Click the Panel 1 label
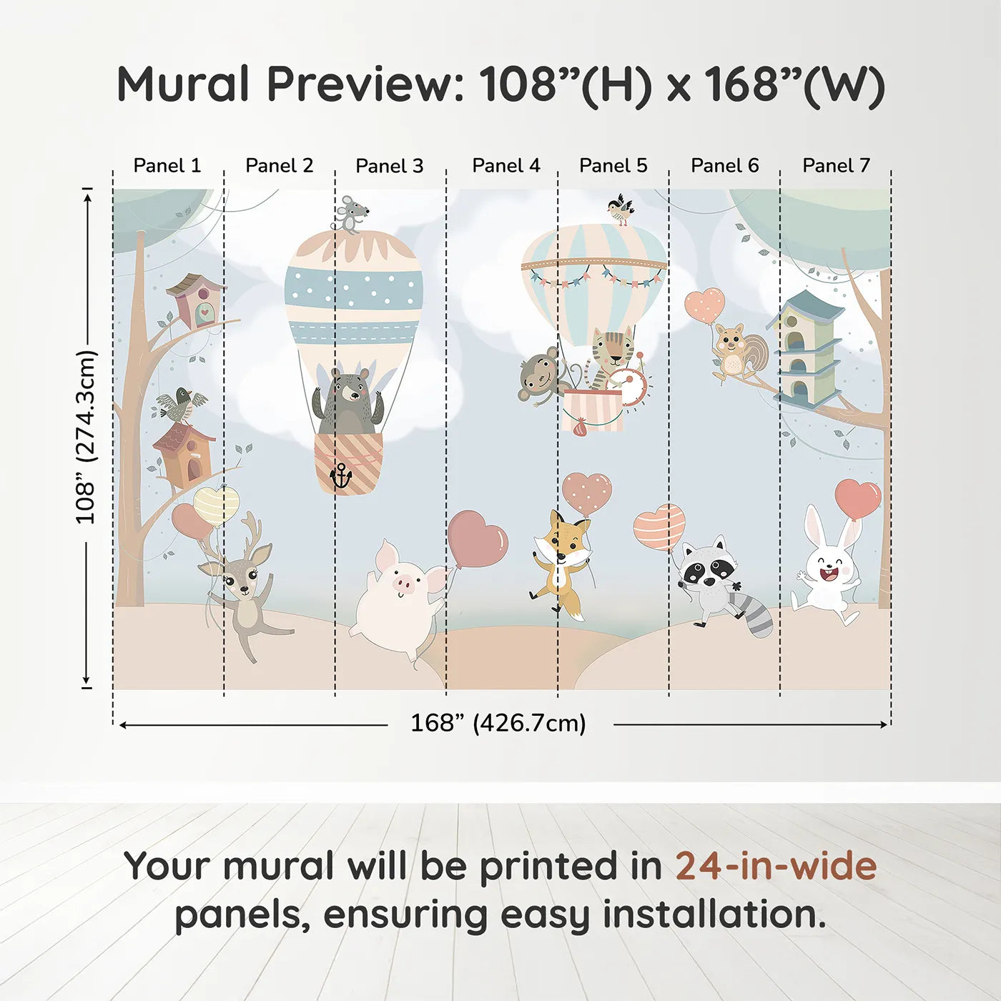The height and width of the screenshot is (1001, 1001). [167, 166]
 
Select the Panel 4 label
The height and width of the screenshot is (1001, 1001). [506, 166]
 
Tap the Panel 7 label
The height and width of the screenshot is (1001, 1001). [836, 166]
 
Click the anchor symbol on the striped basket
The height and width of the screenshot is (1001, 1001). [341, 475]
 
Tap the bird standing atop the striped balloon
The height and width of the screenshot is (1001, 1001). [620, 209]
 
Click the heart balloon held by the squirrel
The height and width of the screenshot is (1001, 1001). [705, 305]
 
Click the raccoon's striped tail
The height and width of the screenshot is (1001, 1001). [758, 615]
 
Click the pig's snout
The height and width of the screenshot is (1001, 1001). [404, 586]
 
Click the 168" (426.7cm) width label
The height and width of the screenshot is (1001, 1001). [498, 724]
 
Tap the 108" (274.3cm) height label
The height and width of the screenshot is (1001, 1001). [86, 438]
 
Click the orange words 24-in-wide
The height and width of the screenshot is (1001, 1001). [776, 867]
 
